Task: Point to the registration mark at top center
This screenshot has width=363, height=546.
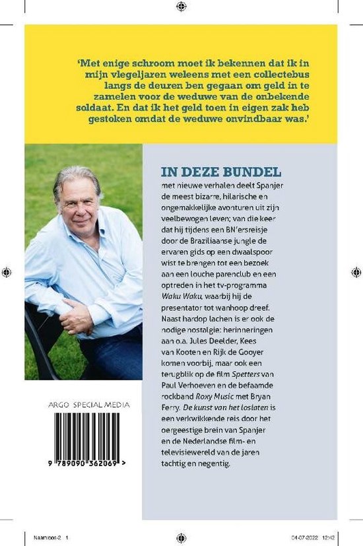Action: [181, 6]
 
